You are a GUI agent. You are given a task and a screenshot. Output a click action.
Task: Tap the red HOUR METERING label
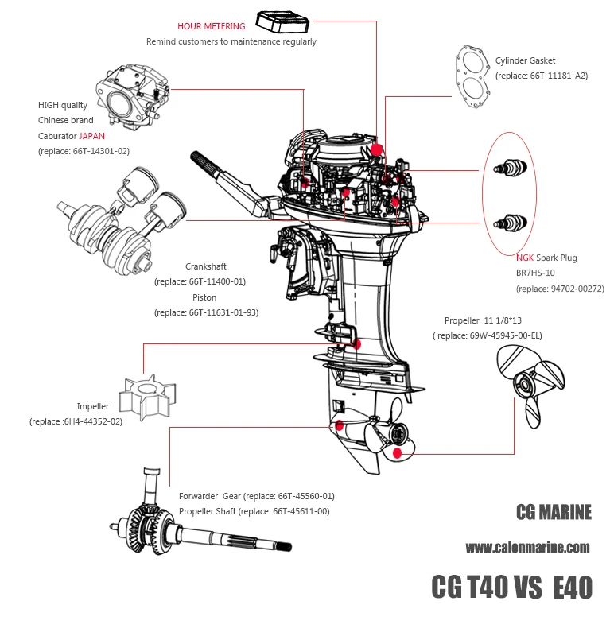211,26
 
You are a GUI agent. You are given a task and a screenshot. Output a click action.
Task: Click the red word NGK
524,258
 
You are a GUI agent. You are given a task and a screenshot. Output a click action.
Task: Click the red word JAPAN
91,136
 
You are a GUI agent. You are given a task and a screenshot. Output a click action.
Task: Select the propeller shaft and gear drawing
198,521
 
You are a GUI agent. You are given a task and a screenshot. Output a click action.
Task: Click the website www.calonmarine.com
527,547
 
